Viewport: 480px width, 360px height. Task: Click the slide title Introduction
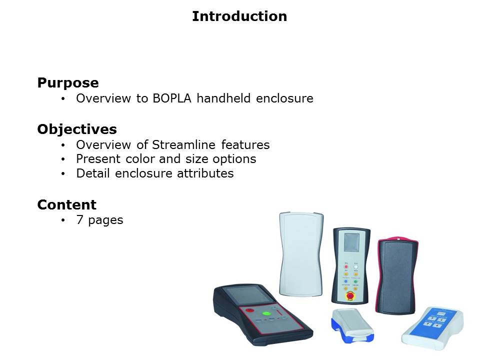[x=239, y=16]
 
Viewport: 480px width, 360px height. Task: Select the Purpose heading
[x=68, y=83]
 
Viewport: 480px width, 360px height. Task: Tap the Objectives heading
[x=77, y=129]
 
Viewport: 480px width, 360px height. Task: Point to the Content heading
[x=66, y=205]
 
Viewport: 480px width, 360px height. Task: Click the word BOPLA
[x=172, y=98]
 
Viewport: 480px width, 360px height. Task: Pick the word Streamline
[x=183, y=145]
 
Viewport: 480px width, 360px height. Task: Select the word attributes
[x=205, y=173]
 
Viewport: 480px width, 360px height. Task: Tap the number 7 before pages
[x=79, y=219]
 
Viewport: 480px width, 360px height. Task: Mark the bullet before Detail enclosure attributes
[x=63, y=174]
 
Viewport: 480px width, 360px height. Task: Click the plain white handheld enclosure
[x=301, y=254]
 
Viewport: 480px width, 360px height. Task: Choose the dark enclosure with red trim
[x=397, y=275]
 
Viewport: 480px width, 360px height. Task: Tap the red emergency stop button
[x=350, y=295]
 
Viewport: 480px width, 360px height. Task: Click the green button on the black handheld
[x=266, y=314]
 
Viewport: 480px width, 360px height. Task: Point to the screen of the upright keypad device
[x=351, y=242]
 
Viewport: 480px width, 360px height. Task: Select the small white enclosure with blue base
[x=352, y=325]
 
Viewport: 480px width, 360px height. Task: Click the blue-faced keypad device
[x=433, y=328]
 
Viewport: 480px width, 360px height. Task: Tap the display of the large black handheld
[x=248, y=295]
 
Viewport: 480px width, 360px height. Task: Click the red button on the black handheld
[x=250, y=310]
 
